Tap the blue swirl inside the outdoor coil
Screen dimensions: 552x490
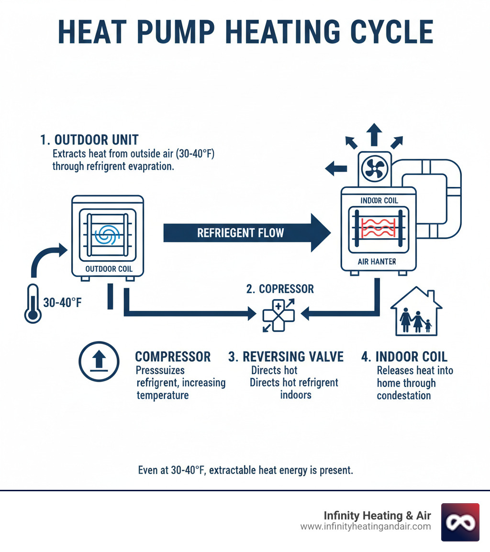click(x=104, y=234)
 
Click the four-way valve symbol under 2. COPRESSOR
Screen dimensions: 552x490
click(x=278, y=314)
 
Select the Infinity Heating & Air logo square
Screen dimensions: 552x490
click(x=460, y=522)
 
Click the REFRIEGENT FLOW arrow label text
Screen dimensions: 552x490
click(x=241, y=233)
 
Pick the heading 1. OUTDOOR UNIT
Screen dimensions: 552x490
click(x=89, y=140)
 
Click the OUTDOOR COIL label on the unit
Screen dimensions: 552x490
click(x=109, y=269)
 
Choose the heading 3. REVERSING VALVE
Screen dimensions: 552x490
click(x=286, y=357)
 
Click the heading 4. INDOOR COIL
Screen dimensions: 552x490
click(x=404, y=357)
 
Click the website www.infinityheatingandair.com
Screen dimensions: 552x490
click(x=366, y=527)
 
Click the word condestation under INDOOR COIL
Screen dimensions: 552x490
click(x=403, y=396)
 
